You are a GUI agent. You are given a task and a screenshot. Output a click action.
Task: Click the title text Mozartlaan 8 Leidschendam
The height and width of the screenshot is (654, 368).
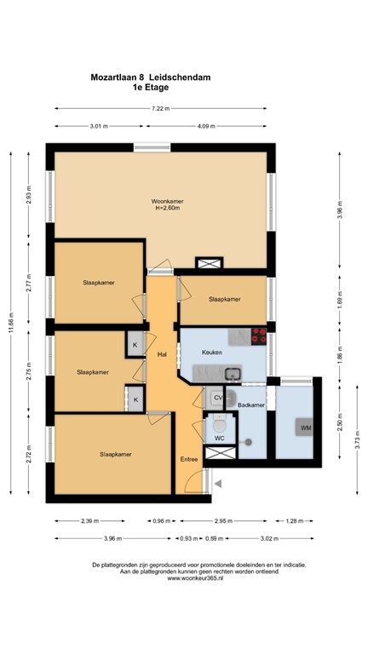151,77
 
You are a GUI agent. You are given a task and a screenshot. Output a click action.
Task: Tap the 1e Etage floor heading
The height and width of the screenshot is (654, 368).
151,87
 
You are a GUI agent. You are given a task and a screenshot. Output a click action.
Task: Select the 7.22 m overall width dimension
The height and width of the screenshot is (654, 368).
161,109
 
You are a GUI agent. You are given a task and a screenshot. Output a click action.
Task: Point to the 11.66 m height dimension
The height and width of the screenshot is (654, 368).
12,321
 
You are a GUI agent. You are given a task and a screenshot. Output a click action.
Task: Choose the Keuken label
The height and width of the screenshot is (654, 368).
212,352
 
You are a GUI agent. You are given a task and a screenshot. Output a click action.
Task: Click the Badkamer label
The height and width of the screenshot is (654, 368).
251,405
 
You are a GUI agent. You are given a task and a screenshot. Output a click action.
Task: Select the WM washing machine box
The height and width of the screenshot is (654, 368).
304,427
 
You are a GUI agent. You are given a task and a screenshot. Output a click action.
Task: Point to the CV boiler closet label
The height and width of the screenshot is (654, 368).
217,398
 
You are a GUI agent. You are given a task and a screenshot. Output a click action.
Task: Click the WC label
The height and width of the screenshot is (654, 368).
219,438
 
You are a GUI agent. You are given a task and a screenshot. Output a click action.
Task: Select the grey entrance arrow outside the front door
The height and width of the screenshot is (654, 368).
218,484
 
